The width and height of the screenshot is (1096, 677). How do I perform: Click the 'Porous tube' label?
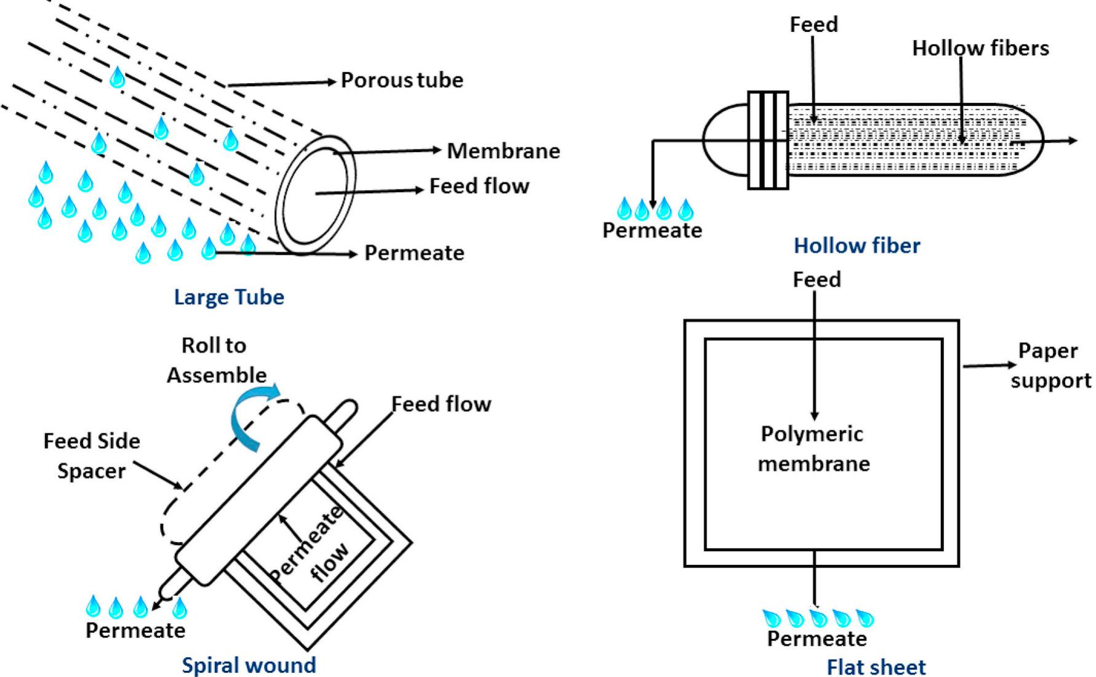pos(402,80)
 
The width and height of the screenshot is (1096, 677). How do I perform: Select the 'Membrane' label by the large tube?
pos(503,151)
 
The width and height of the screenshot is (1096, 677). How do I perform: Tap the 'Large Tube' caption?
pos(229,297)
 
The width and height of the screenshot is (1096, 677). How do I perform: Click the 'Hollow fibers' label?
pos(980,48)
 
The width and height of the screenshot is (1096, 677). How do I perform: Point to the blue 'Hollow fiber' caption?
pos(857,246)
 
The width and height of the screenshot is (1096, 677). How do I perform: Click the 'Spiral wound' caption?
pos(249,665)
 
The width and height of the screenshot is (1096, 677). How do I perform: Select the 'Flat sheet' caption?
pos(876,667)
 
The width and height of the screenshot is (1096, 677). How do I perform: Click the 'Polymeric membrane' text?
pos(813,449)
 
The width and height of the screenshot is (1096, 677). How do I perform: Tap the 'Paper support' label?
pos(1050,366)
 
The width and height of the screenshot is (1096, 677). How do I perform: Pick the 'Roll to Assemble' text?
pos(216,360)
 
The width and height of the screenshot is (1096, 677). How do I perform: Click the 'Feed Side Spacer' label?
pos(92,455)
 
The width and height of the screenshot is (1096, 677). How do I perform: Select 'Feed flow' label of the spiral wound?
pos(441,404)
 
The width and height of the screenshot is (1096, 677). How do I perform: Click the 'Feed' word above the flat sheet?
pos(816,280)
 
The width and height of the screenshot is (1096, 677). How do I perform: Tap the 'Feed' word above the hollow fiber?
pos(814,25)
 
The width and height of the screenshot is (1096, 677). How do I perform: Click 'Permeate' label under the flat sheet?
pos(817,638)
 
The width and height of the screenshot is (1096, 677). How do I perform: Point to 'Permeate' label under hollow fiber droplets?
pos(652,230)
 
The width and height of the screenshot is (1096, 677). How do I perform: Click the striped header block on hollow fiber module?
pos(767,140)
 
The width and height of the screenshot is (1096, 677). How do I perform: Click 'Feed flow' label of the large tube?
pos(479,186)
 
